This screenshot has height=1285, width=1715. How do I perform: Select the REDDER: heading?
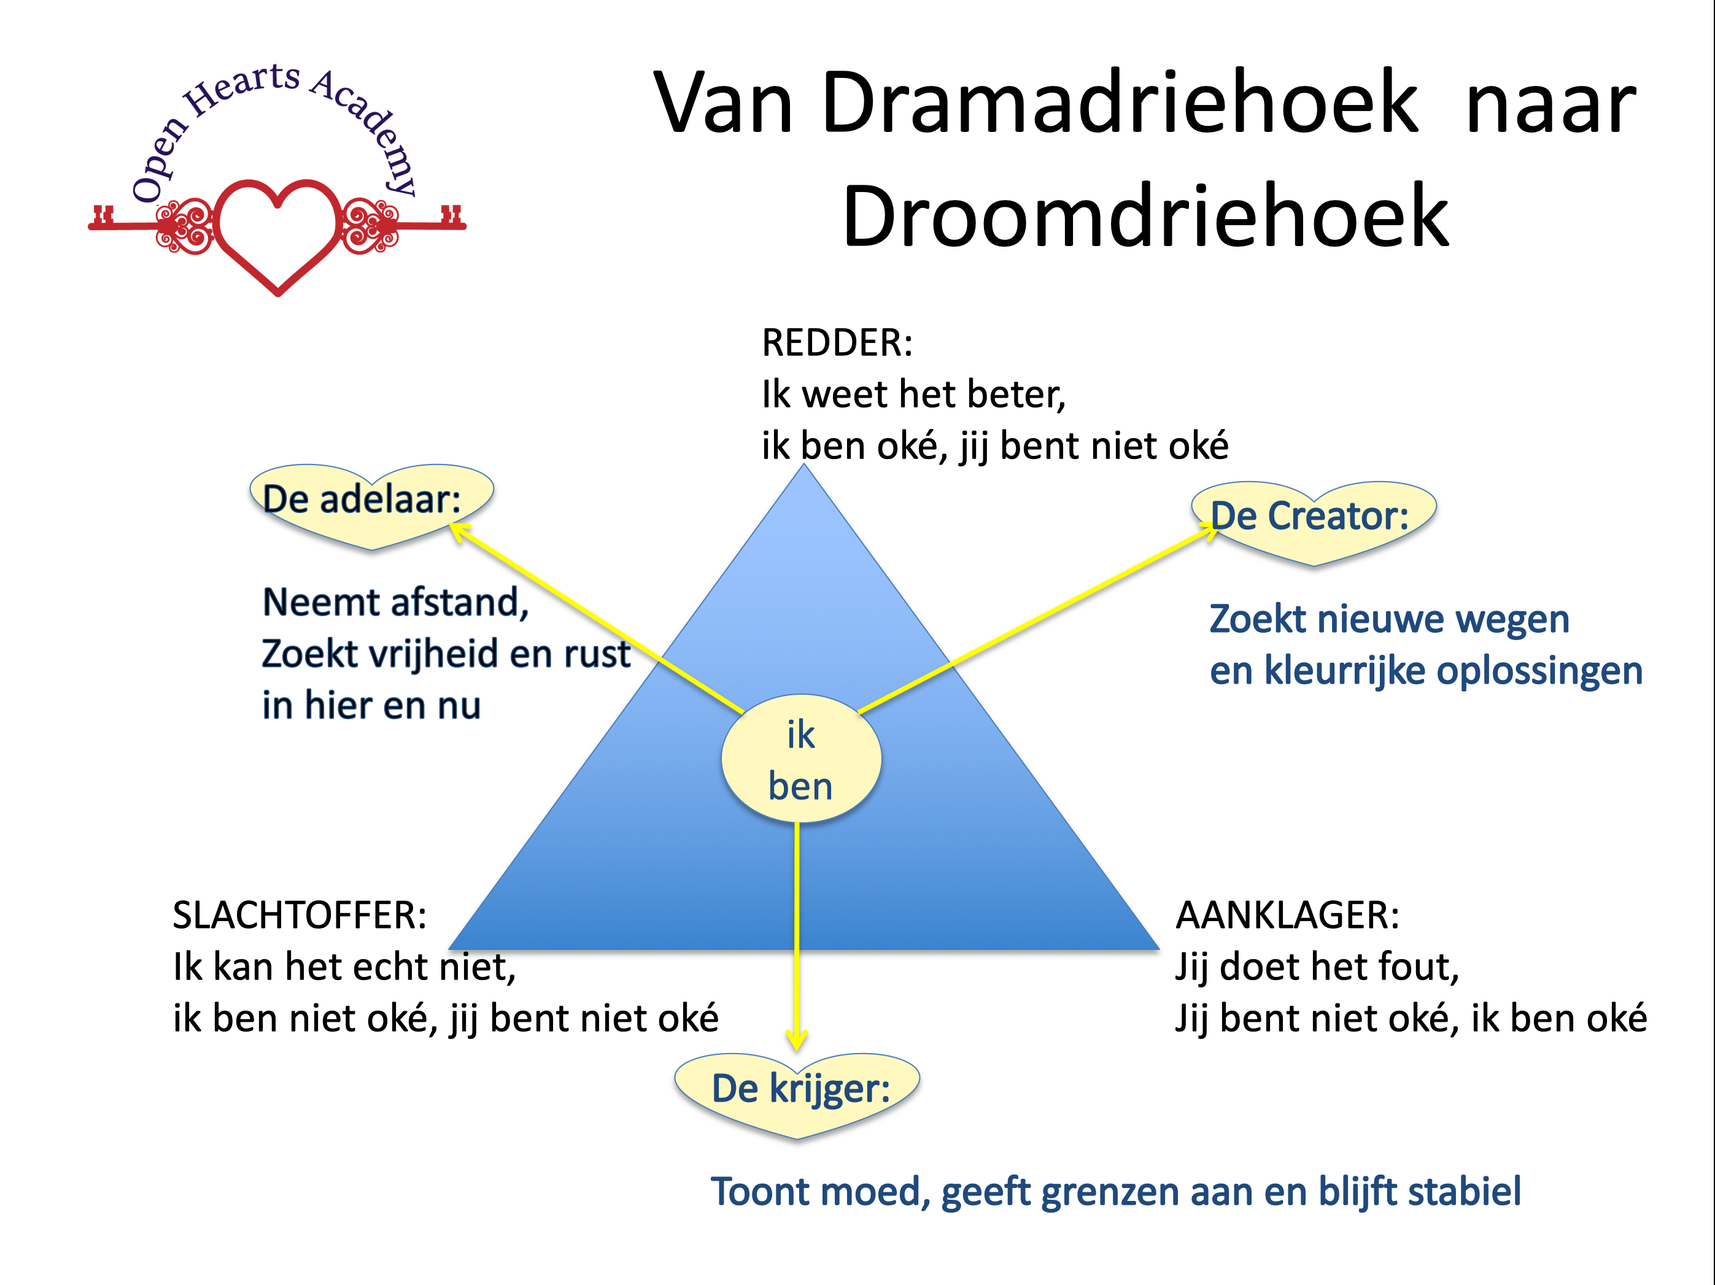(837, 342)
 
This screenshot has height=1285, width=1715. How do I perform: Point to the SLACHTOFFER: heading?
(300, 916)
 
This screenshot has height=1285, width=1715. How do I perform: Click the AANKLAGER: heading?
(1288, 916)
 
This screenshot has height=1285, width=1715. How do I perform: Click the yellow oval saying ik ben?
(801, 758)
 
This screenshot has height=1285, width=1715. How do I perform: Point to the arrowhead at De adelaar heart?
(460, 531)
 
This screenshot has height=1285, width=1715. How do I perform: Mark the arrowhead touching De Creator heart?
(1208, 531)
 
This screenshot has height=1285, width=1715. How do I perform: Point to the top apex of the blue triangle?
(804, 463)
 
